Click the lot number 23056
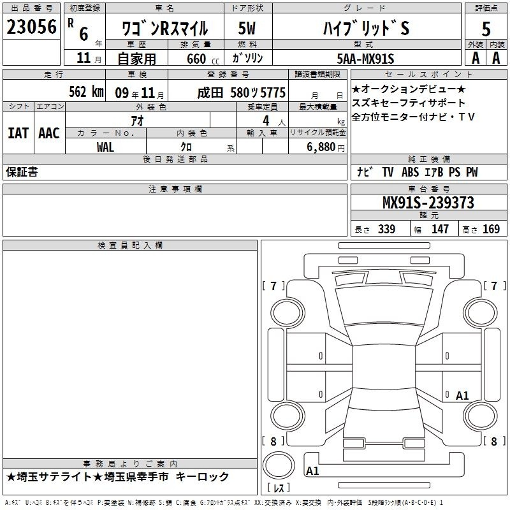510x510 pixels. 31,27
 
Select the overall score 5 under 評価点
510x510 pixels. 486,29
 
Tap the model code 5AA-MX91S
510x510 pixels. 365,59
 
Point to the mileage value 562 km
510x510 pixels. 86,92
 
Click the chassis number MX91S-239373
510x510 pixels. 428,203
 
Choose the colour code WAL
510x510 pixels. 105,147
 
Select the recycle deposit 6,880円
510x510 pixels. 326,147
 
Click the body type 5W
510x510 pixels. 247,28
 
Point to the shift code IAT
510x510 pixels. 18,133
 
